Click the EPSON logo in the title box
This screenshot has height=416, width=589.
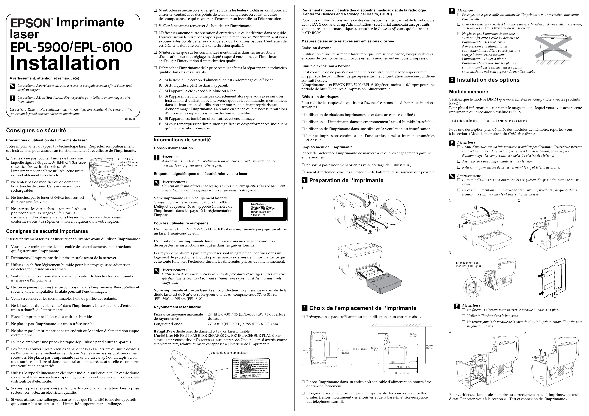(31, 23)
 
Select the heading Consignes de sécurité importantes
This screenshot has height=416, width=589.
(47, 231)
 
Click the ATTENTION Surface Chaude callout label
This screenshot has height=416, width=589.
(128, 162)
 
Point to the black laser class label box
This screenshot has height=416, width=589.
(263, 209)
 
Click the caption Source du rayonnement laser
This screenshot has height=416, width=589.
(229, 353)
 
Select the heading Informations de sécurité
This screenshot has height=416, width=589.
(182, 140)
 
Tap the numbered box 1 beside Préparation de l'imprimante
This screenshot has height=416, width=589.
(304, 180)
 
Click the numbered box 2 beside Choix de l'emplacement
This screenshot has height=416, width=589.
(304, 308)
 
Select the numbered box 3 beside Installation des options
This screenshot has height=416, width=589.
(452, 80)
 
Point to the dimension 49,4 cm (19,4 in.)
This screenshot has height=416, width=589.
(402, 373)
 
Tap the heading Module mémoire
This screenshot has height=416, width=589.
(468, 92)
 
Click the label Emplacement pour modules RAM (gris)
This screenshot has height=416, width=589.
(468, 264)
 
